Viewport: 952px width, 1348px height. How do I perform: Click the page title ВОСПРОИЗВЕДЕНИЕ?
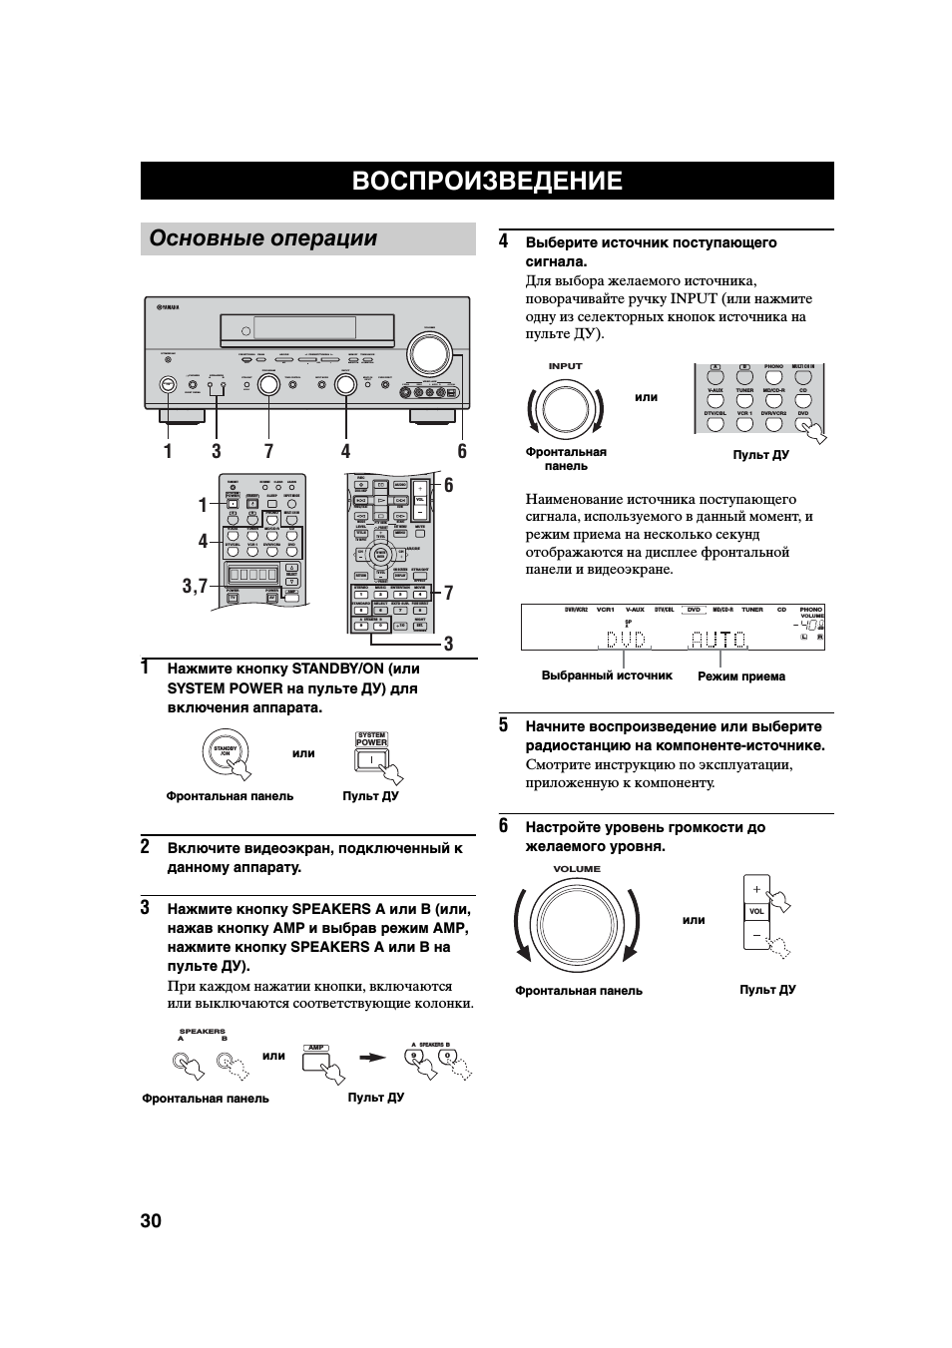487,181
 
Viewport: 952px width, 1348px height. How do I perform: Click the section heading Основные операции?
263,238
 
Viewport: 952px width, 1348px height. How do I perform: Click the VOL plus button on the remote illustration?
756,889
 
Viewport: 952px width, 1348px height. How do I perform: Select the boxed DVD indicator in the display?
695,610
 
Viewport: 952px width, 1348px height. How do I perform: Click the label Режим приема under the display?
740,676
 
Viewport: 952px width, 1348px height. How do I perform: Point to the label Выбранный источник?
607,675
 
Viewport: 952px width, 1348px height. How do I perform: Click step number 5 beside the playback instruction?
504,725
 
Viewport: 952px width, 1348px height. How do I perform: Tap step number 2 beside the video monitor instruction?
146,846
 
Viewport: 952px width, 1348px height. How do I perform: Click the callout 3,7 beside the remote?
195,586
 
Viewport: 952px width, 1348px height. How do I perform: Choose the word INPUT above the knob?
565,366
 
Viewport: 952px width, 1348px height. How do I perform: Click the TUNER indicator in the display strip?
751,610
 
